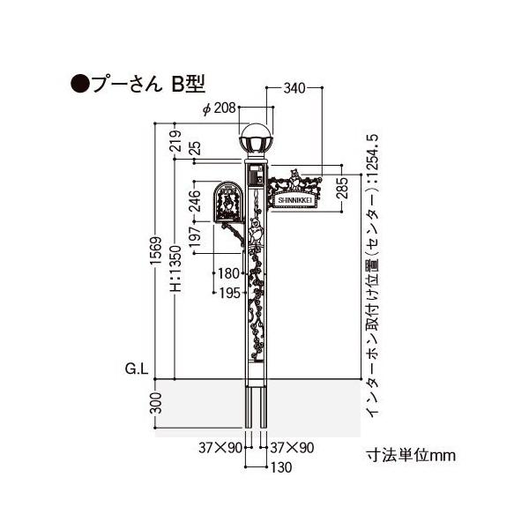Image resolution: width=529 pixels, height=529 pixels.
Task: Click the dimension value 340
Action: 294,88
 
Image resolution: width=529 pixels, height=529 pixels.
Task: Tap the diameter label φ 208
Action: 220,108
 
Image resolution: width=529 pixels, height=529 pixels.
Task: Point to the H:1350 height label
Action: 175,269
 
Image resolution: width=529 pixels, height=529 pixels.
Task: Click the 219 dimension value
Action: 175,141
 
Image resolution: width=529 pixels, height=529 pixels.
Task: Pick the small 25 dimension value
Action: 195,148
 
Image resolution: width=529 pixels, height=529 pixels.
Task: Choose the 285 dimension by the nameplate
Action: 342,188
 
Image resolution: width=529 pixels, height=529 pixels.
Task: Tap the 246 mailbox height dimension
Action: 195,201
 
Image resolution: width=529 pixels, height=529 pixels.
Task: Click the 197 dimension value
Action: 195,237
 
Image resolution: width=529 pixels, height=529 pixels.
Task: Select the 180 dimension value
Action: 228,273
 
